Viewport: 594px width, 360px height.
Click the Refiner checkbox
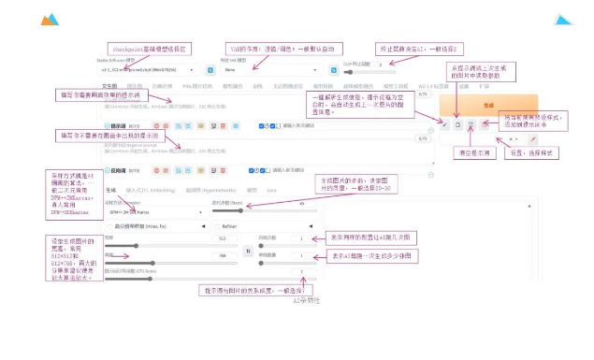click(x=217, y=224)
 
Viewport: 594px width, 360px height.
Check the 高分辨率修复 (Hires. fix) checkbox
click(x=108, y=224)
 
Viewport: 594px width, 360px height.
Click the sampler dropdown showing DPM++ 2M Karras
click(x=154, y=211)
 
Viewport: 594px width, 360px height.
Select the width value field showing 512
click(x=223, y=238)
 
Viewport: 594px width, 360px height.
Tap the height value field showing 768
click(x=223, y=254)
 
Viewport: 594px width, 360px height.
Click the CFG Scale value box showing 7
click(x=302, y=271)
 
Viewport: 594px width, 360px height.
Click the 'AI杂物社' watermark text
click(x=306, y=300)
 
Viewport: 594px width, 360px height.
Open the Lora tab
click(x=271, y=190)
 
